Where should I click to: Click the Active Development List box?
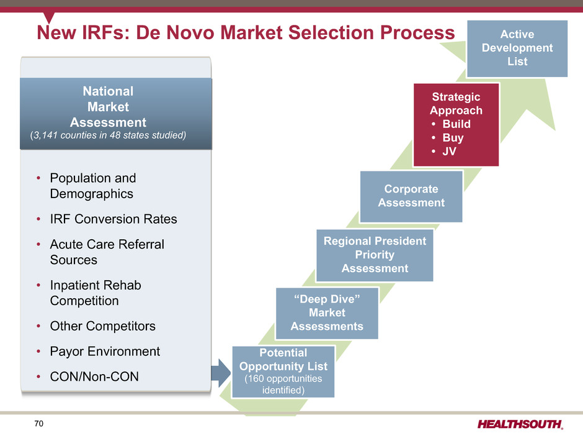pyautogui.click(x=517, y=48)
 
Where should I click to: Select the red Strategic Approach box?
pyautogui.click(x=456, y=124)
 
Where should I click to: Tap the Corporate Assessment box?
pyautogui.click(x=411, y=196)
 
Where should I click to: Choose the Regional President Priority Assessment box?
pyautogui.click(x=375, y=255)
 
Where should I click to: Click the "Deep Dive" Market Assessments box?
pyautogui.click(x=327, y=313)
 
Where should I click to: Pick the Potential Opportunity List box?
pyautogui.click(x=283, y=372)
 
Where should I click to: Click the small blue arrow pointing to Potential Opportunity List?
pyautogui.click(x=221, y=373)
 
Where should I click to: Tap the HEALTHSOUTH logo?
pyautogui.click(x=520, y=424)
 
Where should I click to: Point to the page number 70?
pyautogui.click(x=38, y=424)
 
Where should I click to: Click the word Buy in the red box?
pyautogui.click(x=453, y=138)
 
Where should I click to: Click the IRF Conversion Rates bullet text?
pyautogui.click(x=113, y=219)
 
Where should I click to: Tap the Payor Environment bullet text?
pyautogui.click(x=105, y=351)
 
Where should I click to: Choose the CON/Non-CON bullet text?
pyautogui.click(x=94, y=376)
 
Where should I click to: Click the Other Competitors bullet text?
pyautogui.click(x=102, y=326)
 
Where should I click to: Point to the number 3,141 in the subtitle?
pyautogui.click(x=45, y=135)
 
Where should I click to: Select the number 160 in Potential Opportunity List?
pyautogui.click(x=256, y=378)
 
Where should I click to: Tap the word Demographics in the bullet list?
pyautogui.click(x=91, y=194)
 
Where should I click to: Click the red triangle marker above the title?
pyautogui.click(x=49, y=17)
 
